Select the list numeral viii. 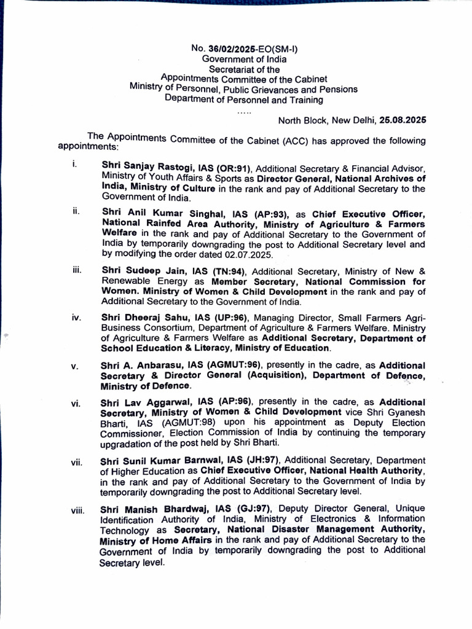coord(77,509)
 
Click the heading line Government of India coord(244,60)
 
